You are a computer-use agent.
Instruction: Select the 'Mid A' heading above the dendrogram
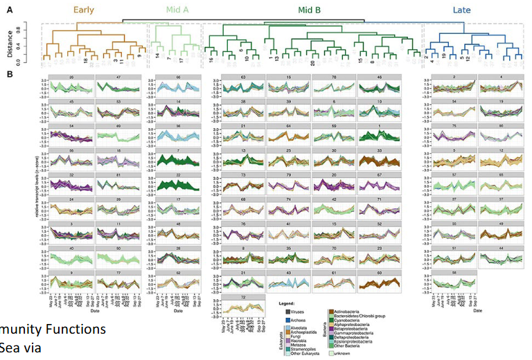click(174, 10)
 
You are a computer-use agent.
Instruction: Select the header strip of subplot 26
click(71, 78)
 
